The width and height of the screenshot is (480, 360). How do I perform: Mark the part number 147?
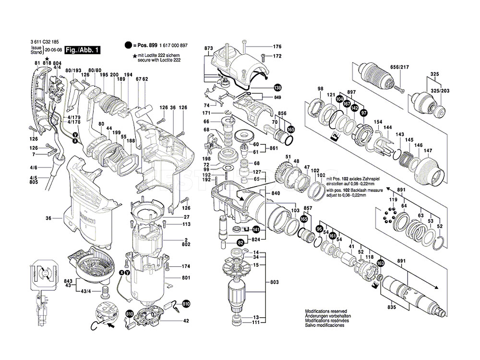click(x=428, y=150)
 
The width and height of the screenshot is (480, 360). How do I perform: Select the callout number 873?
click(x=208, y=49)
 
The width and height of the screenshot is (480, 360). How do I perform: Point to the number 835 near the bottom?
click(x=393, y=307)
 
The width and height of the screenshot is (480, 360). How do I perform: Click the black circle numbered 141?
click(x=256, y=230)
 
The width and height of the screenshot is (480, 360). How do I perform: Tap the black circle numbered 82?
click(x=240, y=243)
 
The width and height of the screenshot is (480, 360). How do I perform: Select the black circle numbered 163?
click(x=381, y=263)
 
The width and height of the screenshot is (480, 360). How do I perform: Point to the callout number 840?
click(x=276, y=193)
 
